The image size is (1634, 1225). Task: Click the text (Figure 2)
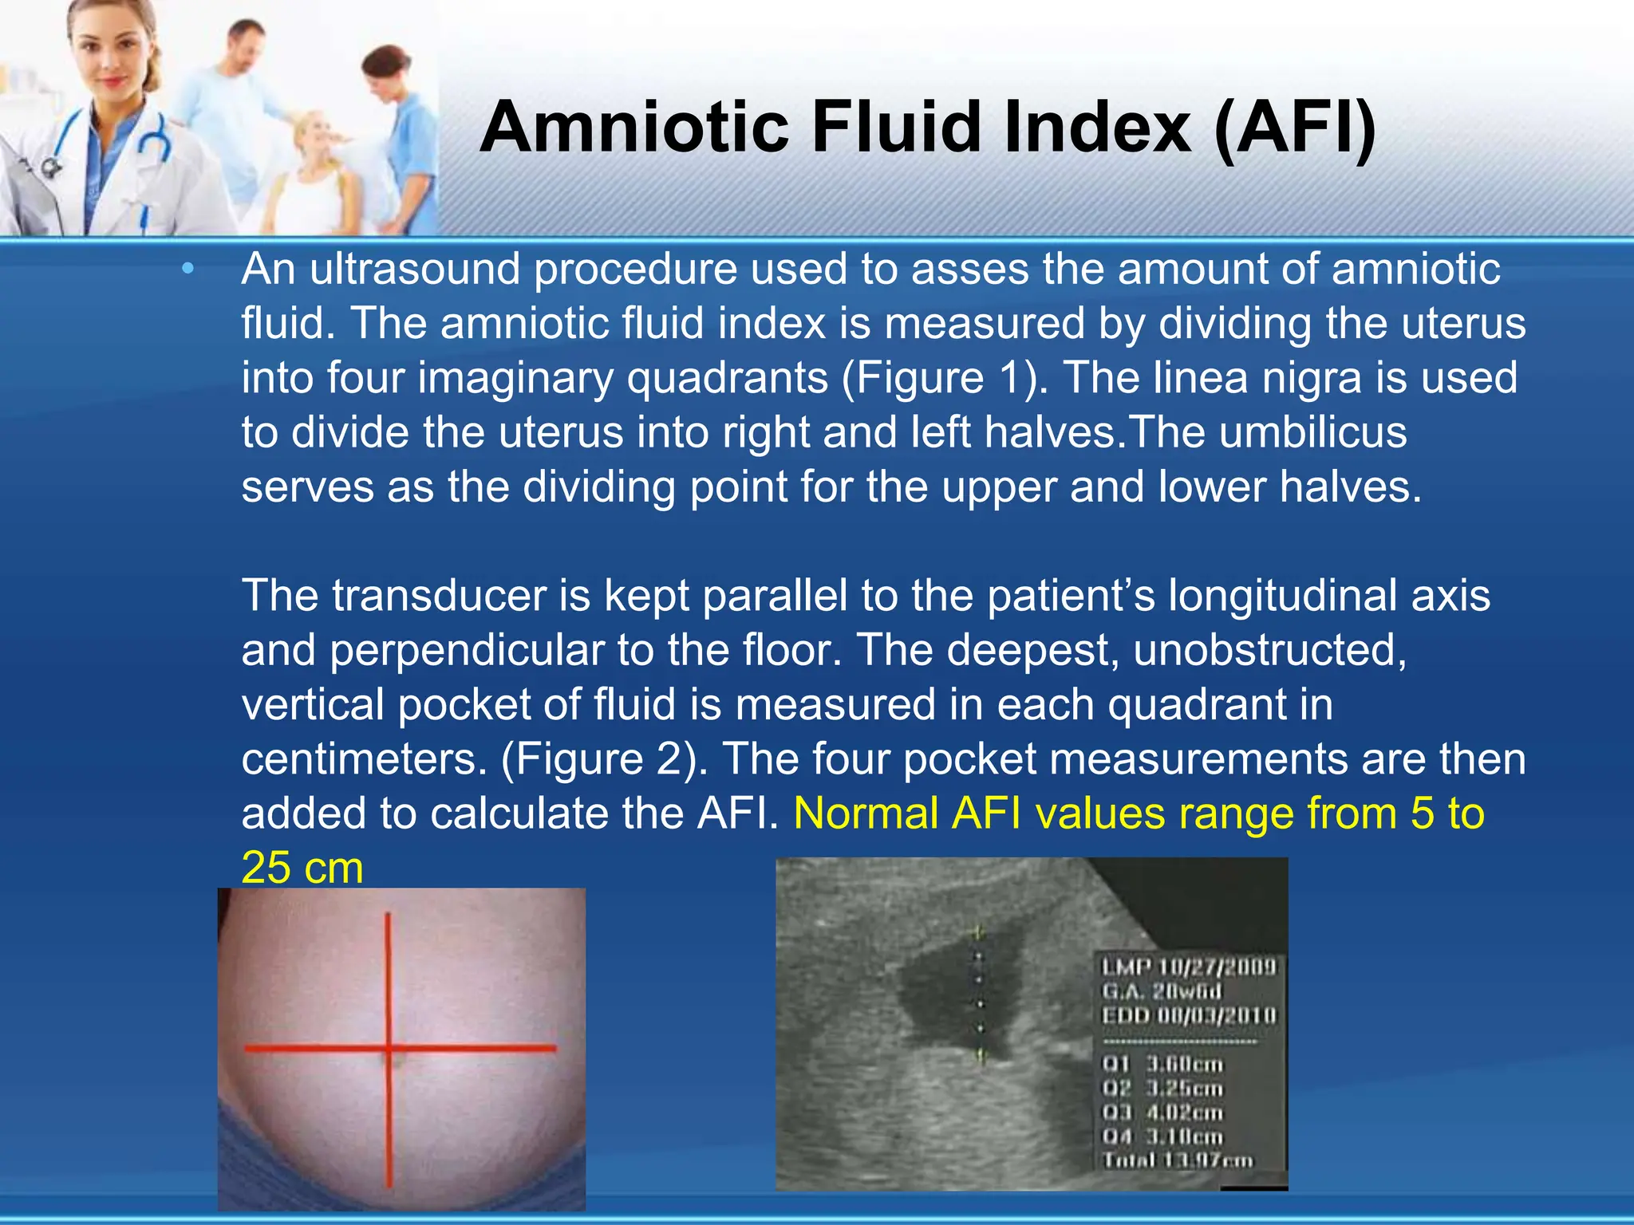(x=604, y=758)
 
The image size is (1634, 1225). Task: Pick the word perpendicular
(x=467, y=650)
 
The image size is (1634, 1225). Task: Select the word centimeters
(x=364, y=758)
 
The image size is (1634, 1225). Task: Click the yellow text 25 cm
(x=302, y=868)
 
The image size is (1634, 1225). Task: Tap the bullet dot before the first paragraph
(x=187, y=270)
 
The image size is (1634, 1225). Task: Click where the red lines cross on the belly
(x=389, y=1049)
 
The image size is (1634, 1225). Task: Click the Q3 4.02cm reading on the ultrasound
(x=1162, y=1112)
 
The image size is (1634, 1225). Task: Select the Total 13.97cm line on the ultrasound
(x=1178, y=1160)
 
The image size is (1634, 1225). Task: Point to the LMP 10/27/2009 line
(x=1189, y=967)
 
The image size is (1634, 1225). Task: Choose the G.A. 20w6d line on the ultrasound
(x=1162, y=991)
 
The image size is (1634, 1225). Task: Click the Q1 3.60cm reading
(x=1162, y=1064)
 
